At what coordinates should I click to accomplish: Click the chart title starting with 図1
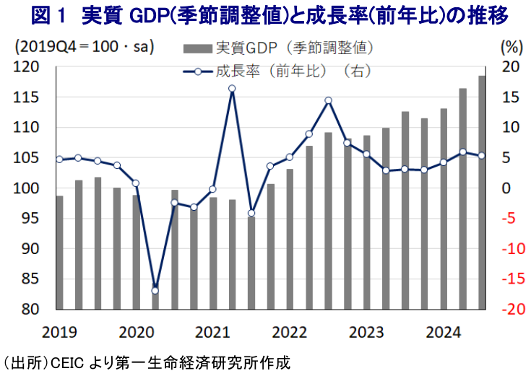tap(265, 14)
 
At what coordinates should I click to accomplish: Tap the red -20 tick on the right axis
tap(509, 310)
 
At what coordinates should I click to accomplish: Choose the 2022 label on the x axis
tap(290, 333)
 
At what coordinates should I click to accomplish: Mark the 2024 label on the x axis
tap(443, 333)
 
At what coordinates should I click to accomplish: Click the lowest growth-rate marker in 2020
tap(155, 290)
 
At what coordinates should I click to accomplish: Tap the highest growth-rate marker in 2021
tap(232, 89)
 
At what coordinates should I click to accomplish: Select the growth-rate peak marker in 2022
tap(328, 100)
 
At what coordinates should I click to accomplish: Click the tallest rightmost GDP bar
tap(482, 192)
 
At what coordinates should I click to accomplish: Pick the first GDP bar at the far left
tap(59, 253)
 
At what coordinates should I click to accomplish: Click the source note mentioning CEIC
tap(148, 362)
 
